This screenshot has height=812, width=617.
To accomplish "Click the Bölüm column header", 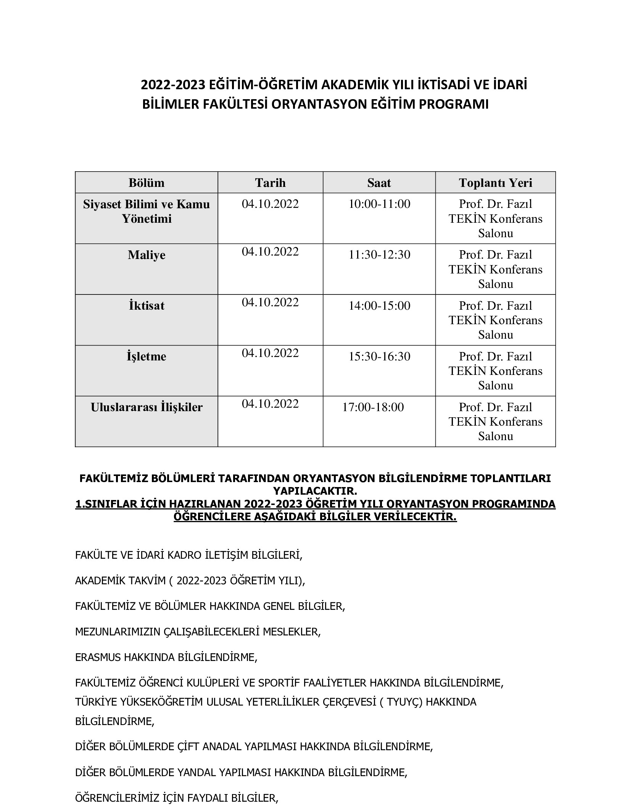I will pos(147,183).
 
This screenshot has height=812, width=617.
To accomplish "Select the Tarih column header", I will pos(270,183).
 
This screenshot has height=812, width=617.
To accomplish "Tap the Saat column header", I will pos(379,183).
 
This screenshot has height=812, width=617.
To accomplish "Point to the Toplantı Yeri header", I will pos(495,183).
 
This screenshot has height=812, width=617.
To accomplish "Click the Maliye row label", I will pos(147,255).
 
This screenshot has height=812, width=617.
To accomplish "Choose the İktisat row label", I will pos(147,306).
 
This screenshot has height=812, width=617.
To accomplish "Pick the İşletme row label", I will pos(147,356).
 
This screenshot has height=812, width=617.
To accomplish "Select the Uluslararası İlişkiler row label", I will pos(147,407).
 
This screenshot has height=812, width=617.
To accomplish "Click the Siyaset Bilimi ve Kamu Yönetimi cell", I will pos(147,211).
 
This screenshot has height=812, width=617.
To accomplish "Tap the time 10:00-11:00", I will pos(379,204).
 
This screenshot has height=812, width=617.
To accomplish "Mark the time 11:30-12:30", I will pos(379,254).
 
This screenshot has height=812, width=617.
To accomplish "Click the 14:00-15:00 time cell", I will pos(379,306).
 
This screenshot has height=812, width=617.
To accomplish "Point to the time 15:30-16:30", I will pos(379,356).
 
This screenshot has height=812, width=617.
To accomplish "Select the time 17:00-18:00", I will pos(373,407).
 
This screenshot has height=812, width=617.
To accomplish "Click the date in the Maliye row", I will pos(270,252).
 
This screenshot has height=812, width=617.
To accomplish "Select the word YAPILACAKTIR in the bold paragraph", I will pos(315,491).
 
